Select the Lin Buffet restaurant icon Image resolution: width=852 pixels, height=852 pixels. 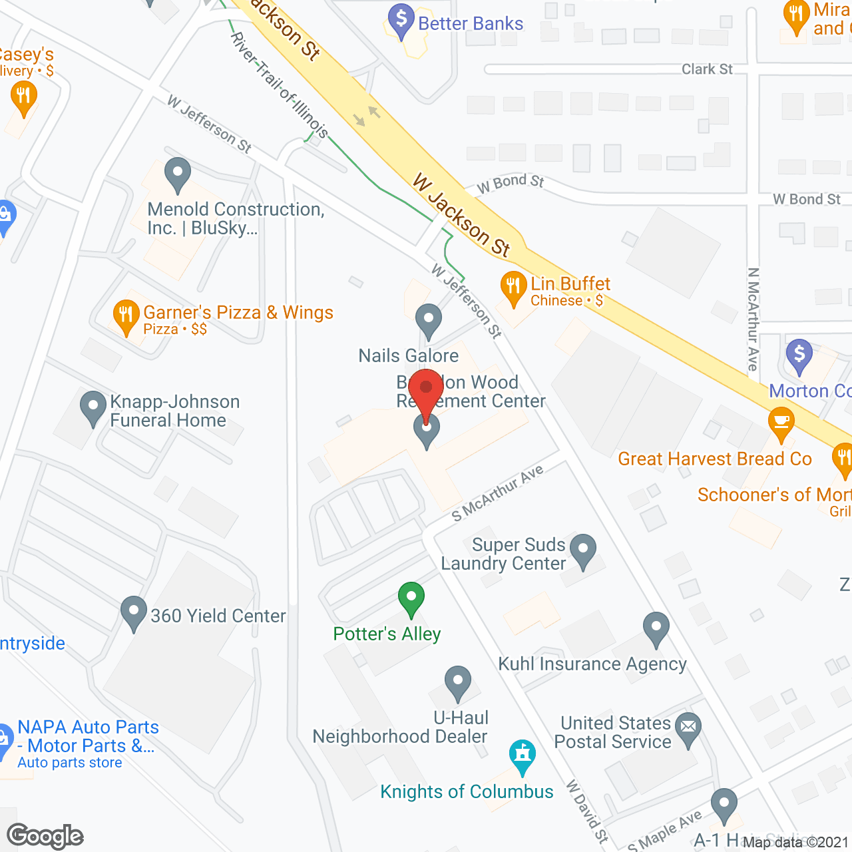click(513, 288)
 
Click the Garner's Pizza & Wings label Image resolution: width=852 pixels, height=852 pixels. click(238, 313)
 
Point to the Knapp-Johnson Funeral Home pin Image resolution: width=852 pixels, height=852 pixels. click(93, 407)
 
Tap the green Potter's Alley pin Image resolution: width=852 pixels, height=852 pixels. click(411, 598)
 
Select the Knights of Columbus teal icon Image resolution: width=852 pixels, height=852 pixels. click(523, 755)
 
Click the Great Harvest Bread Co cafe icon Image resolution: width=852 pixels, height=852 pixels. click(781, 424)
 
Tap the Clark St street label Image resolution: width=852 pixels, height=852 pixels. click(707, 69)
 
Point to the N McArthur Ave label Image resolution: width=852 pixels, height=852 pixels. click(753, 319)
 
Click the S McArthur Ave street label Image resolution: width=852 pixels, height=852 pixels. click(497, 493)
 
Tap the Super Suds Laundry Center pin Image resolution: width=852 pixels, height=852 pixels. click(584, 550)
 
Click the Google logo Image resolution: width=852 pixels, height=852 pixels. click(45, 836)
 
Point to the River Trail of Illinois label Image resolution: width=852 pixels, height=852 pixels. click(280, 85)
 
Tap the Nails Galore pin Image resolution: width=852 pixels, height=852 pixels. click(429, 321)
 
